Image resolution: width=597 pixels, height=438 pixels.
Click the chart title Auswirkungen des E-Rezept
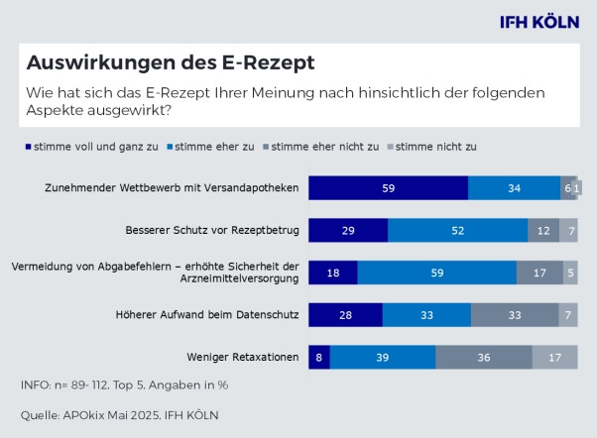170,63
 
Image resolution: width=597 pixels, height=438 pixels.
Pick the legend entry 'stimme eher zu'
215,146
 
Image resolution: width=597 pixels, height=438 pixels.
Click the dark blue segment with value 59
388,187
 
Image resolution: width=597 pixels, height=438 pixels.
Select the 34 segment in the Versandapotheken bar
514,187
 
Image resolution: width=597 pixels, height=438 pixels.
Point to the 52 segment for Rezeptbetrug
457,230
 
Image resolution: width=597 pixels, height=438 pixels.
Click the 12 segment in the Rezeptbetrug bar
543,230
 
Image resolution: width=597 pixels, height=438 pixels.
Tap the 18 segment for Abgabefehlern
332,273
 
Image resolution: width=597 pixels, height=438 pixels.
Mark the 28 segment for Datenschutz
345,314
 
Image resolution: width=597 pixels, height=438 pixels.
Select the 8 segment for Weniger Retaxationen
318,357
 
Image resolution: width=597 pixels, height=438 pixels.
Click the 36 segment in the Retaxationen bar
483,357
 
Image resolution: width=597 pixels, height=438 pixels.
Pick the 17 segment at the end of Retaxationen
554,357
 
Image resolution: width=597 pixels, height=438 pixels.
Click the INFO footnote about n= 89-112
125,384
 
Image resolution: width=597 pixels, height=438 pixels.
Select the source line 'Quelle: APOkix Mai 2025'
119,414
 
